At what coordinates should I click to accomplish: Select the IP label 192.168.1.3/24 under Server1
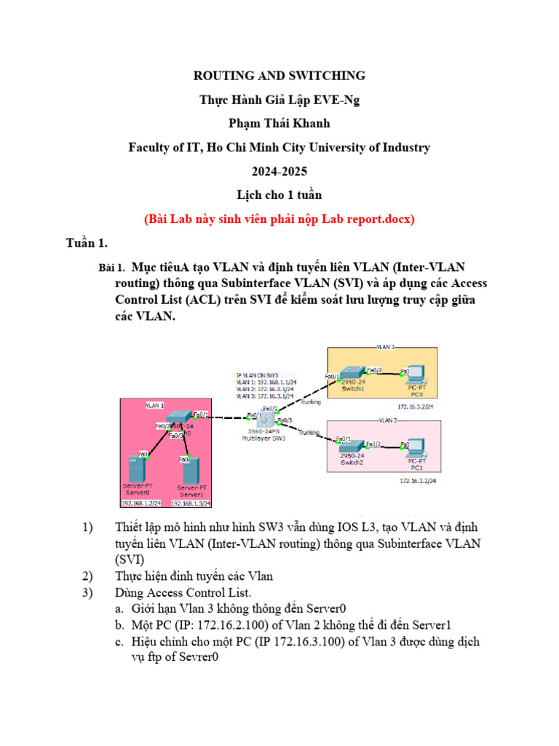pos(190,503)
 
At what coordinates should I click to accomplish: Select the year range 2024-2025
pos(279,171)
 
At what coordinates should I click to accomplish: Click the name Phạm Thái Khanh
pos(279,123)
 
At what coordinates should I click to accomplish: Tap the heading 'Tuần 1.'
pos(87,243)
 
